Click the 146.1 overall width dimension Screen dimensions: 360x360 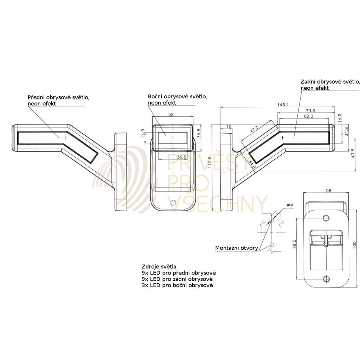pos(283,105)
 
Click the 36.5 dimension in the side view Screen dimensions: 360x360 pos(181,157)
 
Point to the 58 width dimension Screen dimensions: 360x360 pos(328,190)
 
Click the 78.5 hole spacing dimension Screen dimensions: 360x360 pos(295,244)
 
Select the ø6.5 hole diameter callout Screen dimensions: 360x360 pos(290,205)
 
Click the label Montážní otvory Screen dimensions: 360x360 pos(236,248)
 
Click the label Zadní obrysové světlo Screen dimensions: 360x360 pos(330,82)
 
